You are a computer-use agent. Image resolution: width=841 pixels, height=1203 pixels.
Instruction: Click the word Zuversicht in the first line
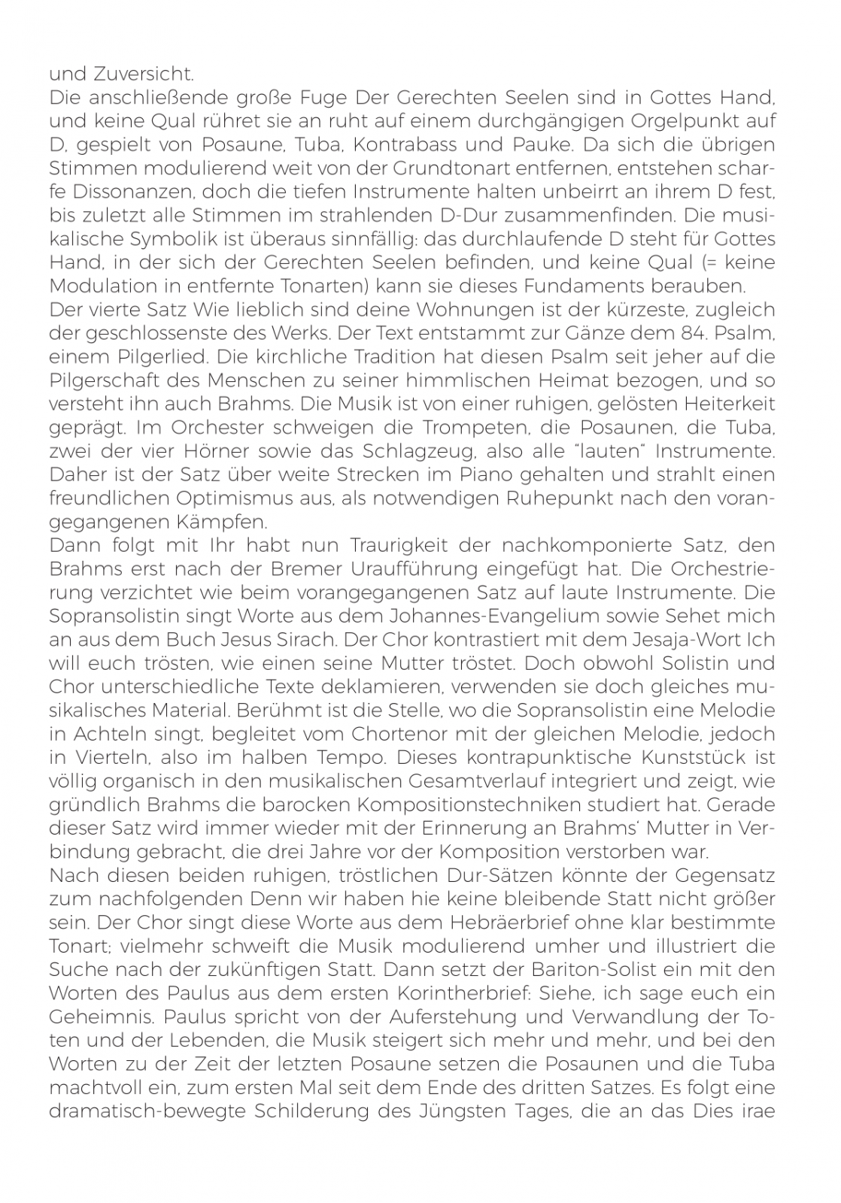144,74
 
